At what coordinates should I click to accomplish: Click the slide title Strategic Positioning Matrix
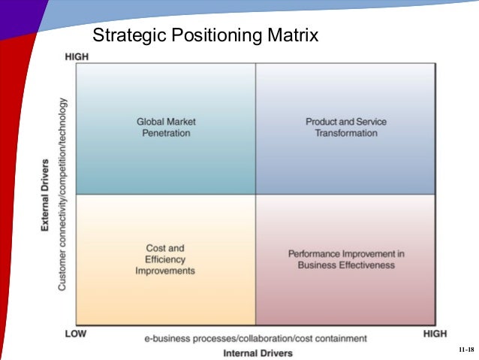click(204, 35)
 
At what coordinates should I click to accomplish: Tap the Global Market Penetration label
click(166, 127)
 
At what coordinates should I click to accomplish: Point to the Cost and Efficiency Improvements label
click(165, 259)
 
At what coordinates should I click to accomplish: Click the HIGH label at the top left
click(77, 57)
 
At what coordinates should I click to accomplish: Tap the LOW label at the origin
click(75, 333)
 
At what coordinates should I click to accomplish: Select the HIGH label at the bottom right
click(435, 333)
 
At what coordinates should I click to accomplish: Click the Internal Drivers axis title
click(258, 352)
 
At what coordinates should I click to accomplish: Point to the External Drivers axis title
click(47, 195)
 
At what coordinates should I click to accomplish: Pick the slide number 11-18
click(465, 351)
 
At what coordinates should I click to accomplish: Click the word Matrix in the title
click(293, 35)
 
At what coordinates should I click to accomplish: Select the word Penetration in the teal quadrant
click(166, 133)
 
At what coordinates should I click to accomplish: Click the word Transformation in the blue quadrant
click(345, 133)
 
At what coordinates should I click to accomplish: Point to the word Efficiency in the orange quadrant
click(165, 259)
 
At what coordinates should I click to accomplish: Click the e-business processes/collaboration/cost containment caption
click(255, 338)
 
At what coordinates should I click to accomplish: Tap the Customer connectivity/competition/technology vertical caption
click(62, 194)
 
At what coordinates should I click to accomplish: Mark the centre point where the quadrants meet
click(255, 195)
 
